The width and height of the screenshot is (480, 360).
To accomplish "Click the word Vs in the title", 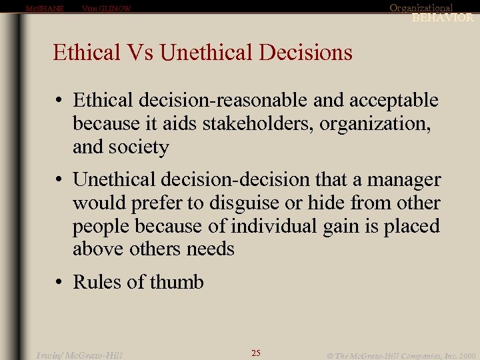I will (x=143, y=52).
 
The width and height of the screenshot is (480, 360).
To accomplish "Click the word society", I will (x=141, y=147).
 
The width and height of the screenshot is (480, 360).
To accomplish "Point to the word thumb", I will (x=177, y=282).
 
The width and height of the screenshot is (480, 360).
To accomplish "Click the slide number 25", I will (x=256, y=353).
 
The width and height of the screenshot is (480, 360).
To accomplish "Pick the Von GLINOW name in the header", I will (x=106, y=9).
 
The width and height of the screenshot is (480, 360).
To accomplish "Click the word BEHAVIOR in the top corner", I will (x=443, y=18).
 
